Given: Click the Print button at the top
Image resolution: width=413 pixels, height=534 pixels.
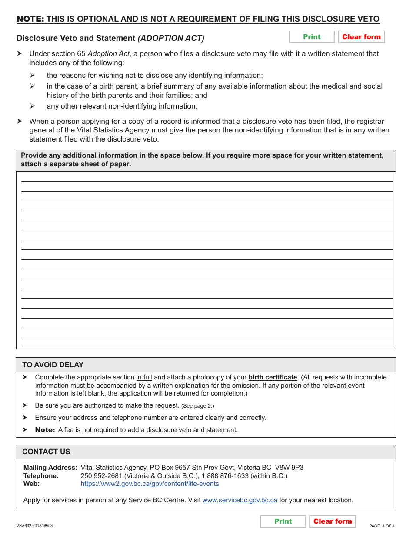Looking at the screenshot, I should [312, 37].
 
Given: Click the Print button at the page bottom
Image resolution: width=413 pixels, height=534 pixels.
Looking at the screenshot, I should [283, 521].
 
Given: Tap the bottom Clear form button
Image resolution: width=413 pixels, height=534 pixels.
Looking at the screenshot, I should [333, 521].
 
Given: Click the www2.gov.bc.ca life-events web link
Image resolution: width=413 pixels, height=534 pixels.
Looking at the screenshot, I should [150, 484].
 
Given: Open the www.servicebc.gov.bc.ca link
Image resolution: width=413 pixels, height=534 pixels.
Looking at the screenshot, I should [240, 500].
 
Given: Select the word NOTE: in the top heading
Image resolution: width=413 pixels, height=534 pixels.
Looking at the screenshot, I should [30, 19].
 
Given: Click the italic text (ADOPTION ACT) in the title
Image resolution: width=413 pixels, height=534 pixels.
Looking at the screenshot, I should [171, 38].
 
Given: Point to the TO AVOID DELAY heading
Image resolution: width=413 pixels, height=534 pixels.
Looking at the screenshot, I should [53, 365].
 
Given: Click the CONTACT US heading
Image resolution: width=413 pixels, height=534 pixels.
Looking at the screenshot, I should [46, 452].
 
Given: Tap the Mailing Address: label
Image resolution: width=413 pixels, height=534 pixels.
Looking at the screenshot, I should [50, 468].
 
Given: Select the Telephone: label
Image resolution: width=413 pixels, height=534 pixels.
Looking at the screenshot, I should [41, 476].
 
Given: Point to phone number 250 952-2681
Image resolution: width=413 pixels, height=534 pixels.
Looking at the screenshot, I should [101, 476].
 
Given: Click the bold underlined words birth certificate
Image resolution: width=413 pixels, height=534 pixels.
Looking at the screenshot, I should [273, 377].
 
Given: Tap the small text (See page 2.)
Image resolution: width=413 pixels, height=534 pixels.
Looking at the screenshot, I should [197, 406].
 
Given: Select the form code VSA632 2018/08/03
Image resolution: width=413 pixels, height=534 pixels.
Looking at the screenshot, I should [35, 526].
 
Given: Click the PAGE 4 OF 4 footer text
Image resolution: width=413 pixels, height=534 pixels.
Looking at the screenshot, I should [381, 526].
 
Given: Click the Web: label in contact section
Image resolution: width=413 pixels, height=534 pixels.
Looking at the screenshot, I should [31, 484].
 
